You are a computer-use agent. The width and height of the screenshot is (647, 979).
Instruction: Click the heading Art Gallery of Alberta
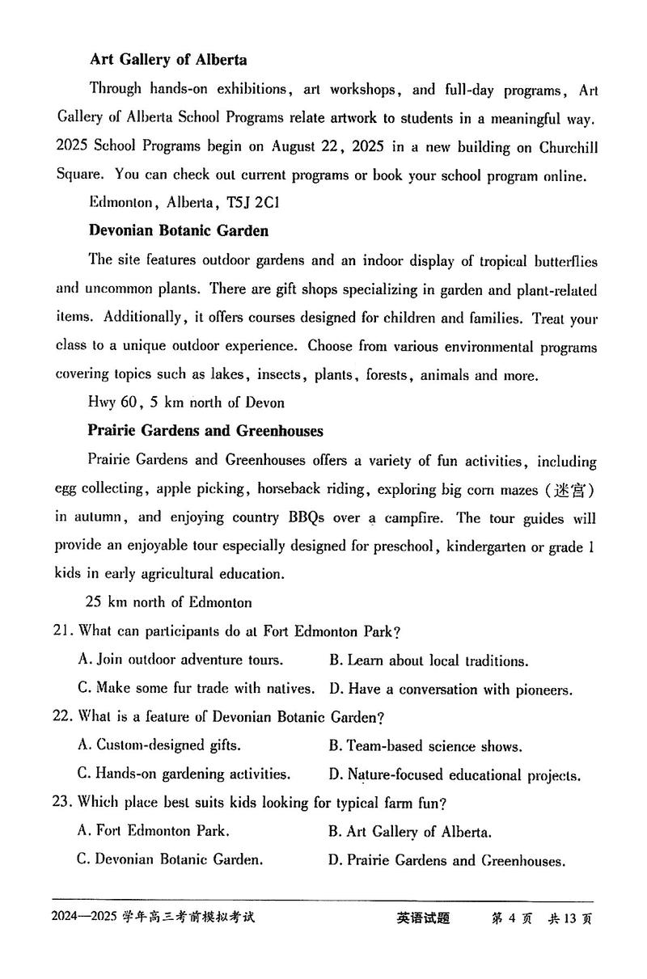168,60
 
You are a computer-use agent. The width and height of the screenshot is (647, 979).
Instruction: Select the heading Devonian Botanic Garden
179,231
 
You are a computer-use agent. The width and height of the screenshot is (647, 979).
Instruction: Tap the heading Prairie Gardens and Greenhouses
205,431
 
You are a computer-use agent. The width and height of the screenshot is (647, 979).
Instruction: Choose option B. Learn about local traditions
429,661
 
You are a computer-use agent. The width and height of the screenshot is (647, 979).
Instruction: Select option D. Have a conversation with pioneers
450,690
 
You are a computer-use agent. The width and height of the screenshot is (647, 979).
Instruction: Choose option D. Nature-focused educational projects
455,775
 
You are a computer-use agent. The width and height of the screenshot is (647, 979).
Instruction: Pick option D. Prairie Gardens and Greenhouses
446,861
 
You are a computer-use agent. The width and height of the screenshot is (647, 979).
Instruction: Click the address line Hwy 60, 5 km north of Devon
186,402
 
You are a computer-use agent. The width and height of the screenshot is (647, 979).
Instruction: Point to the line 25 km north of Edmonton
168,602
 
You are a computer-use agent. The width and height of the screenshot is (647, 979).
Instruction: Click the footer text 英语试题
423,918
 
